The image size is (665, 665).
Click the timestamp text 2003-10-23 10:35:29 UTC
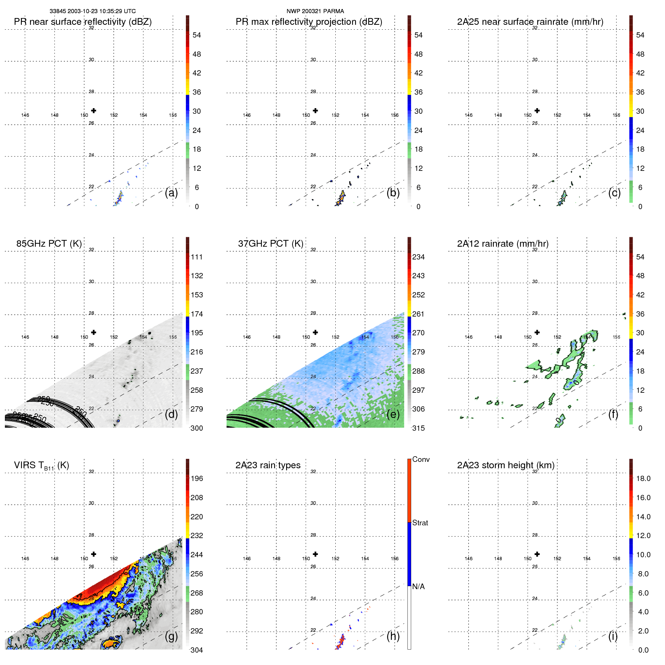pos(102,11)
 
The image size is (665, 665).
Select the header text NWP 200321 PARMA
pos(315,11)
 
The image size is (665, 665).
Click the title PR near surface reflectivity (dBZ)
pos(83,22)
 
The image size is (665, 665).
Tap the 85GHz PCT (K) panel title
pos(49,243)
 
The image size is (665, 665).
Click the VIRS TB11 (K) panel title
pos(41,466)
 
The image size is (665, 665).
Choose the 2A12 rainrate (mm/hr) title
pos(502,243)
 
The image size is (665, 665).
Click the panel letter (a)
pos(171,193)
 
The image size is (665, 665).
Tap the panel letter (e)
pos(393,414)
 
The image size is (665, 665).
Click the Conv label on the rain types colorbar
pos(421,459)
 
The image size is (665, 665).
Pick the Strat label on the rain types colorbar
pos(420,523)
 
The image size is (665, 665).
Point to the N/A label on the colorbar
pos(418,587)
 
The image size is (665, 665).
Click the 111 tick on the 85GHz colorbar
pos(196,257)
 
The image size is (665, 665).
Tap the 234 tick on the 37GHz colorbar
pos(418,257)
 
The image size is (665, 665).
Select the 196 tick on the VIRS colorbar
pos(196,478)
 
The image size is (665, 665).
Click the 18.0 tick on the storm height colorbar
pos(643,478)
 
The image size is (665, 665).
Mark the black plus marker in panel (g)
pos(93,554)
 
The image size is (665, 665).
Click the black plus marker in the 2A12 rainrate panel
pos(537,332)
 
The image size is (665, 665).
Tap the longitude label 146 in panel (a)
pos(25,115)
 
